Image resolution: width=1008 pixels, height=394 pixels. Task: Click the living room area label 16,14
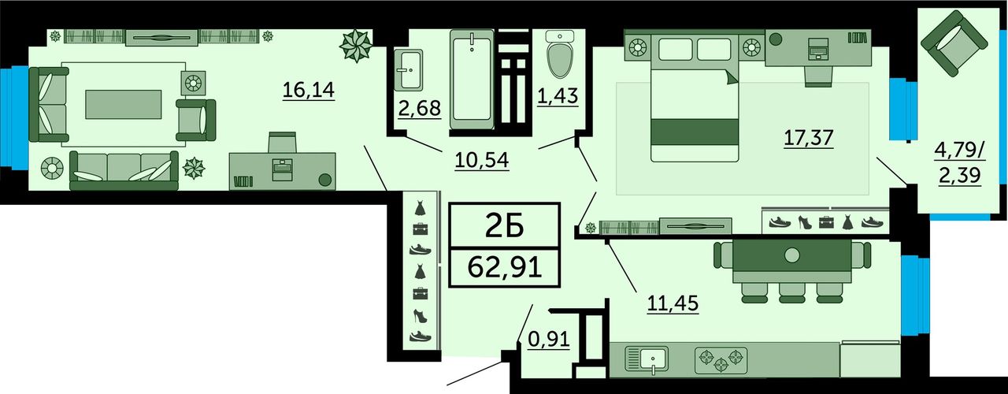tap(309, 90)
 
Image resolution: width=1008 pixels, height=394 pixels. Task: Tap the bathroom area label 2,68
tap(420, 108)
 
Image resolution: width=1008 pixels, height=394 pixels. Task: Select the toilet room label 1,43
tap(558, 96)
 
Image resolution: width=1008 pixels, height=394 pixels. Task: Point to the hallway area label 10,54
tap(481, 159)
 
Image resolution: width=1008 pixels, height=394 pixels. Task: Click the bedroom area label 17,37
tap(809, 137)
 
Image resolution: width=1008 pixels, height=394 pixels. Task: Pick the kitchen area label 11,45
tap(673, 303)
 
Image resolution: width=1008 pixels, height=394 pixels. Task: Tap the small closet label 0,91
tap(549, 339)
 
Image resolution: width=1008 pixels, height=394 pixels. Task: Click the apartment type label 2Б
tap(505, 225)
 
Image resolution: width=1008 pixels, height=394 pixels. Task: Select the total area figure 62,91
tap(505, 267)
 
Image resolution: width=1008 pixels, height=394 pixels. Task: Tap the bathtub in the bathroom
tap(472, 80)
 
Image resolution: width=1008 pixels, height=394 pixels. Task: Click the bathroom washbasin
tap(408, 70)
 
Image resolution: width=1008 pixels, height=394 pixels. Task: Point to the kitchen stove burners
tap(721, 361)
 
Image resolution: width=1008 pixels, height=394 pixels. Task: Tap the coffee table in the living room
tap(124, 104)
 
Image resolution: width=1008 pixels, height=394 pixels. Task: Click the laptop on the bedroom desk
tap(818, 49)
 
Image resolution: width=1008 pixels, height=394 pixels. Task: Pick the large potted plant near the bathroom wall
tap(356, 46)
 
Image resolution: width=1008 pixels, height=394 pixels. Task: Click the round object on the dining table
tap(791, 255)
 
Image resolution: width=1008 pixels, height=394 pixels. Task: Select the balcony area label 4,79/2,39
tap(960, 162)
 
